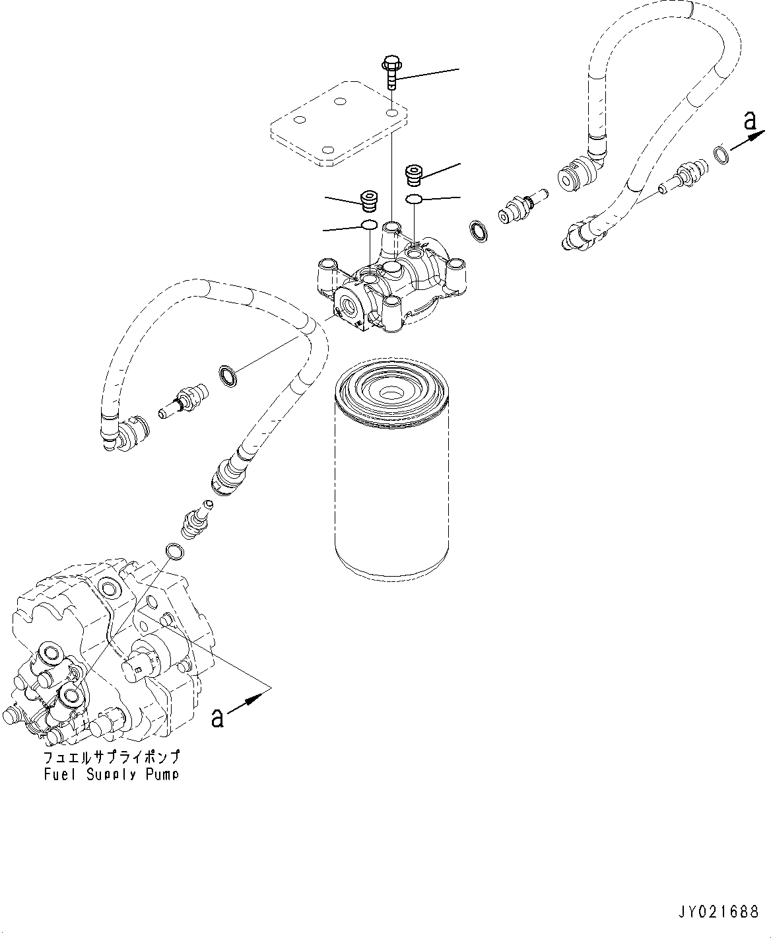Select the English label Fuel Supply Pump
[x=111, y=774]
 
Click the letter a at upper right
[x=749, y=120]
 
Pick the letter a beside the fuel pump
[x=217, y=717]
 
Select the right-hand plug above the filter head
[x=414, y=176]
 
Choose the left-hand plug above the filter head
[x=369, y=199]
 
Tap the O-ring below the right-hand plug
[x=414, y=199]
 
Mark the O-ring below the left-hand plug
[x=369, y=227]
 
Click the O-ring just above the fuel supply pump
[x=174, y=550]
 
